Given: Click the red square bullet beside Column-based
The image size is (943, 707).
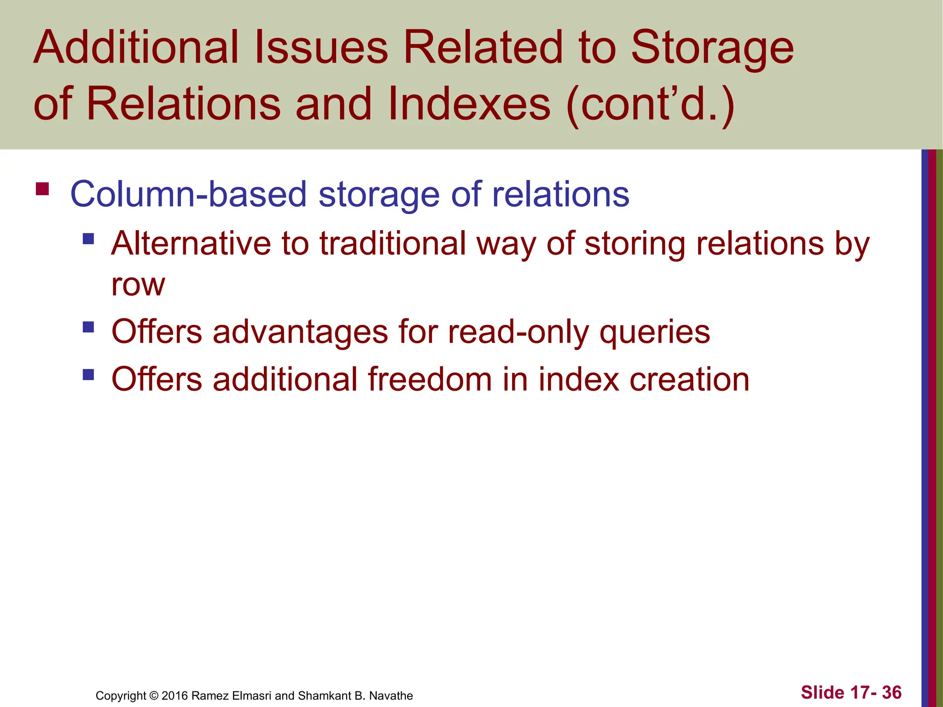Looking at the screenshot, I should pos(42,189).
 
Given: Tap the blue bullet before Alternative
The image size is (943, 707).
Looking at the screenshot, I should pos(88,239).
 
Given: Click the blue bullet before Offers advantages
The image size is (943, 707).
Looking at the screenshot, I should pos(88,327).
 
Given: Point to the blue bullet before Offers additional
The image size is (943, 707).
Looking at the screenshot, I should pos(88,375).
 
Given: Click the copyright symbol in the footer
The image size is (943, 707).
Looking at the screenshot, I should pos(154,695).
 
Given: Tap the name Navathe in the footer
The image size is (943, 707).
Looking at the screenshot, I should pos(391,695).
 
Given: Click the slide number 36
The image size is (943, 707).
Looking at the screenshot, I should pos(891,692).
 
